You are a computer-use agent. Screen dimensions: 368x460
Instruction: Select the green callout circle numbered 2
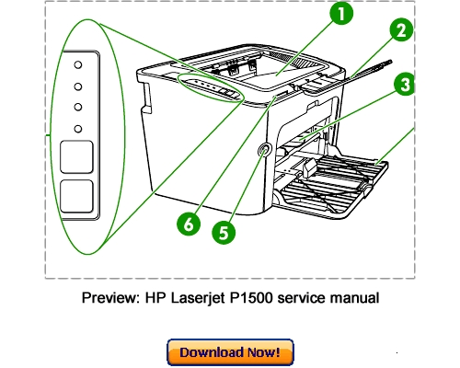(399, 30)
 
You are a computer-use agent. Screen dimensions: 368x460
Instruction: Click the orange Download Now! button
(229, 352)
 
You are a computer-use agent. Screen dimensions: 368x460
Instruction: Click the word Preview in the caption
(108, 299)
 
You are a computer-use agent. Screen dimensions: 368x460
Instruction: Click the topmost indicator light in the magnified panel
(78, 66)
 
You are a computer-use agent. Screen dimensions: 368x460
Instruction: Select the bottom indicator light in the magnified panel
(78, 127)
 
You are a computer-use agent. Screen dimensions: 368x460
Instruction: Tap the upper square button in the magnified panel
(78, 157)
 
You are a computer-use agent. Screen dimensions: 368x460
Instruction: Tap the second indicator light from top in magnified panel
(78, 86)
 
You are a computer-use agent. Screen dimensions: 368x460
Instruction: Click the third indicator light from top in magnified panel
(78, 107)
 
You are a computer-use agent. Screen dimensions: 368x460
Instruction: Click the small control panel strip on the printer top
(210, 86)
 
